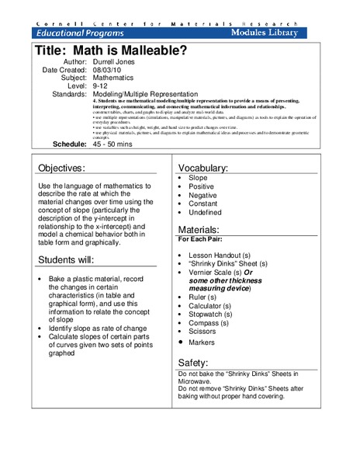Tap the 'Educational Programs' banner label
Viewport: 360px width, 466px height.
click(79, 35)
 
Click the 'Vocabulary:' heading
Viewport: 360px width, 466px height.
click(203, 169)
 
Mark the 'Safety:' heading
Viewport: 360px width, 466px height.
click(193, 362)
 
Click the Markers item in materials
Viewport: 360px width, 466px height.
click(203, 342)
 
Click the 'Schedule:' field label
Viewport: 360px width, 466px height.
click(69, 145)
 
